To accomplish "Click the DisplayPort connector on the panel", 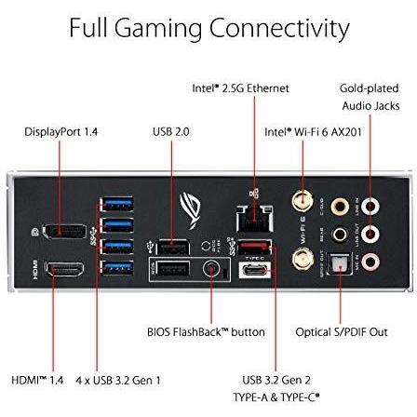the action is [x=64, y=231].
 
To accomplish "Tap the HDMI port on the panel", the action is [x=64, y=269].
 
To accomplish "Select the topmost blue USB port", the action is [x=117, y=204].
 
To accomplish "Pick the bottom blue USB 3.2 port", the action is [x=117, y=267].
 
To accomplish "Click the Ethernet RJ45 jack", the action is [x=255, y=219].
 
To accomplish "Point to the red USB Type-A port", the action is [x=255, y=247].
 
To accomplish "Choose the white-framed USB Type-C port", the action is [x=255, y=270].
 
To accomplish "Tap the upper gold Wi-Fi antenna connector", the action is [x=303, y=201].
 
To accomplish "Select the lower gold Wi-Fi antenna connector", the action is [x=303, y=259].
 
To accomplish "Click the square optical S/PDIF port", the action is [x=340, y=263].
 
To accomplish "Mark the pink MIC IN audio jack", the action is [x=370, y=262].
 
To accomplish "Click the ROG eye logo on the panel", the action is [x=191, y=210].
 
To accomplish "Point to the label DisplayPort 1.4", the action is [x=61, y=132].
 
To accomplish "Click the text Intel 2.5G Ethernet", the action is [x=240, y=88].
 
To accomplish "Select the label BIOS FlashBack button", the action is [x=206, y=332].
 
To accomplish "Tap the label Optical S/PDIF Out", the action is [x=342, y=332].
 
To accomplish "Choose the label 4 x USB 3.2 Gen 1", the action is [x=118, y=381].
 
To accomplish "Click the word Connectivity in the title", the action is [x=279, y=29].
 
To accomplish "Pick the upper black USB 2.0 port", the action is [x=172, y=248].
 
